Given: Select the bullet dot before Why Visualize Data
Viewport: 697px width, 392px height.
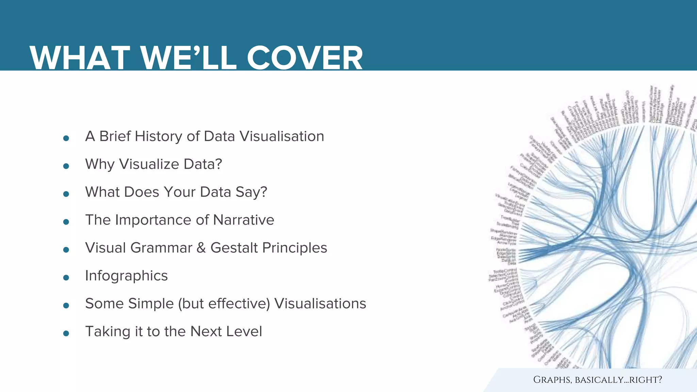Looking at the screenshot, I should tap(66, 166).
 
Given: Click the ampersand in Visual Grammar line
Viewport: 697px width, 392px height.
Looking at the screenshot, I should tap(201, 248).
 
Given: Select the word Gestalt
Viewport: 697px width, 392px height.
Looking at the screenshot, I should tap(234, 248).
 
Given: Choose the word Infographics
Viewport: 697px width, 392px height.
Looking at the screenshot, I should tap(126, 276).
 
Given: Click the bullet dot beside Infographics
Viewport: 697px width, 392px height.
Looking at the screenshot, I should tap(66, 278).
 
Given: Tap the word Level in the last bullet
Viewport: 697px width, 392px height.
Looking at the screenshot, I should tap(244, 331).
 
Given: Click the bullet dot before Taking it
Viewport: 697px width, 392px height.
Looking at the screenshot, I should tap(66, 333).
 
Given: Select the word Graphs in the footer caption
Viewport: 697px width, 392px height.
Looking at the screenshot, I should tap(552, 380).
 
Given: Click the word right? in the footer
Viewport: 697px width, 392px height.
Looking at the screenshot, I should tap(645, 380).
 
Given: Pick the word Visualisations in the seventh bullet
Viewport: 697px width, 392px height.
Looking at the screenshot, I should tap(320, 304).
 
